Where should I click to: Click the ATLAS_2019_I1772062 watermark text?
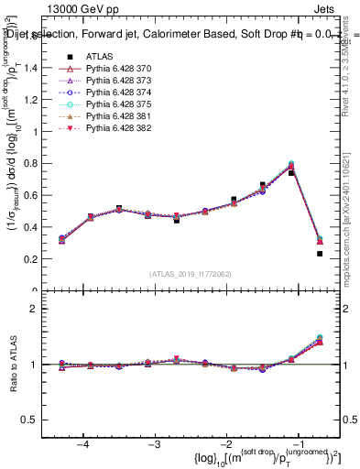(x=191, y=274)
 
